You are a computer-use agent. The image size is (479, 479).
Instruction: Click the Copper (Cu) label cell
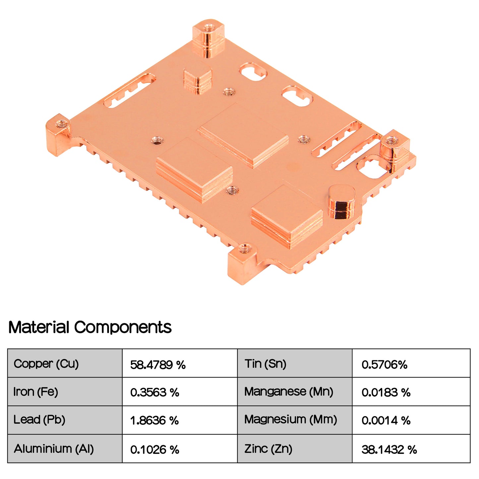pos(46,364)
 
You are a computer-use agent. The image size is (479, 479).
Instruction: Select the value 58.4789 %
pos(158,365)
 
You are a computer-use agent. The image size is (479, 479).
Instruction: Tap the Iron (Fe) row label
pos(35,392)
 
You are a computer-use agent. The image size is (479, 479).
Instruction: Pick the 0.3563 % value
pos(154,393)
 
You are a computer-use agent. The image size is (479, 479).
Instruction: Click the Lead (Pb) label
pos(39,420)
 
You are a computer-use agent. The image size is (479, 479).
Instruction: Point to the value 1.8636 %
pos(154,421)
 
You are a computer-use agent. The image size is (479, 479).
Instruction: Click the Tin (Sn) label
pos(266,364)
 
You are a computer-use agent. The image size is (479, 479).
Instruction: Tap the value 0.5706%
pos(384,365)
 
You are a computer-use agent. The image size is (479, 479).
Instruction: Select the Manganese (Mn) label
pos(289,392)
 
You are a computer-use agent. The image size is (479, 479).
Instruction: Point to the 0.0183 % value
pos(386,393)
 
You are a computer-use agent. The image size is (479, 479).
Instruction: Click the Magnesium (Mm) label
pos(291,420)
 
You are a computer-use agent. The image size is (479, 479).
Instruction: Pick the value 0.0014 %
pos(386,421)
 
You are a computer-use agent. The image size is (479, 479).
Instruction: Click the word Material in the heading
pos(38,328)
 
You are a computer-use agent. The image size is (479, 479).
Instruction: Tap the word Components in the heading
pos(123,328)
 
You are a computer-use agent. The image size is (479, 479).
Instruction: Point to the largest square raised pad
pos(244,136)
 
